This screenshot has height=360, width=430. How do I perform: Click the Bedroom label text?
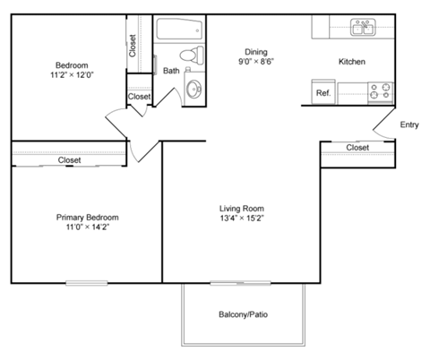coord(72,65)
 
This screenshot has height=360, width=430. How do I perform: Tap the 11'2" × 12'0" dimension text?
coord(72,76)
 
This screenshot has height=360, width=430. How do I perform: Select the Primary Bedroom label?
coord(87,218)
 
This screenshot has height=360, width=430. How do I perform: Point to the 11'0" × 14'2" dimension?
coord(87,228)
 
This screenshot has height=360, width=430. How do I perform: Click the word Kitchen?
coord(351,62)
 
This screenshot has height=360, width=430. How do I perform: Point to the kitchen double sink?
coord(363,29)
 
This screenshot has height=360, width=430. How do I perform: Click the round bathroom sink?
coord(194,89)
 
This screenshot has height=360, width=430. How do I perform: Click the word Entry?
coord(409,124)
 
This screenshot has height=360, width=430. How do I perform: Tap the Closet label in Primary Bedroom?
coord(70,160)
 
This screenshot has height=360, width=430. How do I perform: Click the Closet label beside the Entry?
coord(358,148)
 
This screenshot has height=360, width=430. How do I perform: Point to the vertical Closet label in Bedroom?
coord(133,46)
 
